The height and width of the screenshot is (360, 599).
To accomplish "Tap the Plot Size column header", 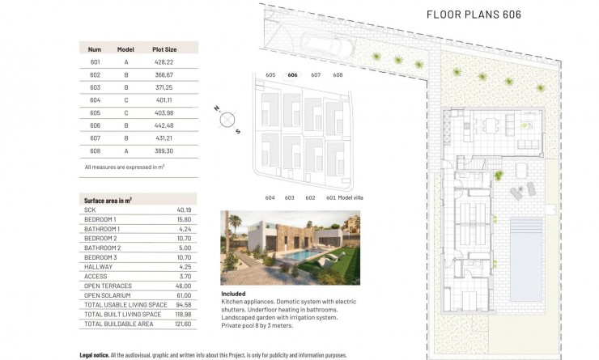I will pos(164,49).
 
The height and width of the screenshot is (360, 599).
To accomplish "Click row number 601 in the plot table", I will pos(95,62).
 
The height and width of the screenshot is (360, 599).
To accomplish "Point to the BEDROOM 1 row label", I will pos(100,219).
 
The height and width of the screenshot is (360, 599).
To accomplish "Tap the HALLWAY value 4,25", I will pos(185,266).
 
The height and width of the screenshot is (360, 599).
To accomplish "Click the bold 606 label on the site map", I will pos(292,75).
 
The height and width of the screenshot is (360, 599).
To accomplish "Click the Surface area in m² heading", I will pos(108,200).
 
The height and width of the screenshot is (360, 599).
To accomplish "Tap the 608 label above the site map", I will pos(338,75).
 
